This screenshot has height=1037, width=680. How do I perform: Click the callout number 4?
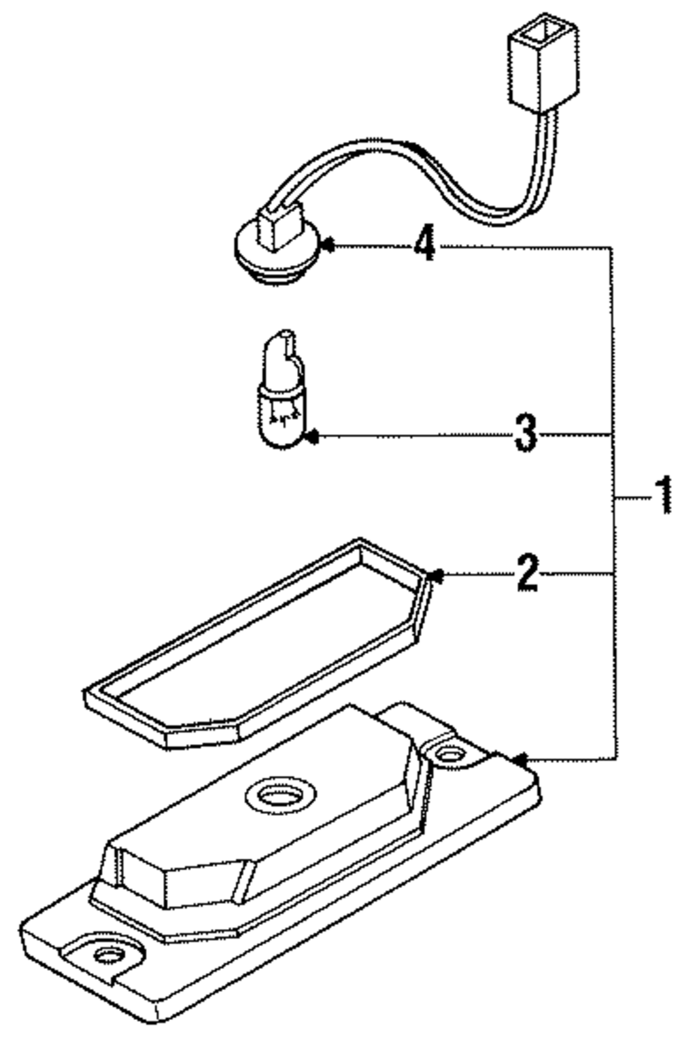[424, 244]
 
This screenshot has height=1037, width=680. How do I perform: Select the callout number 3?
[525, 433]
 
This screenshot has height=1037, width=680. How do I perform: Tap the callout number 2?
[527, 573]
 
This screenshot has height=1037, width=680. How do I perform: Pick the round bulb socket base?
[271, 255]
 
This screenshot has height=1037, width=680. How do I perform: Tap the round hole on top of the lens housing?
[281, 795]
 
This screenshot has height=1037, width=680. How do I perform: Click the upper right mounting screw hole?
[448, 754]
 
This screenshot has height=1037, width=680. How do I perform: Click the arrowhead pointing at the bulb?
[311, 437]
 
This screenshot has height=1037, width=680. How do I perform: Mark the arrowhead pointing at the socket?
[328, 245]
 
